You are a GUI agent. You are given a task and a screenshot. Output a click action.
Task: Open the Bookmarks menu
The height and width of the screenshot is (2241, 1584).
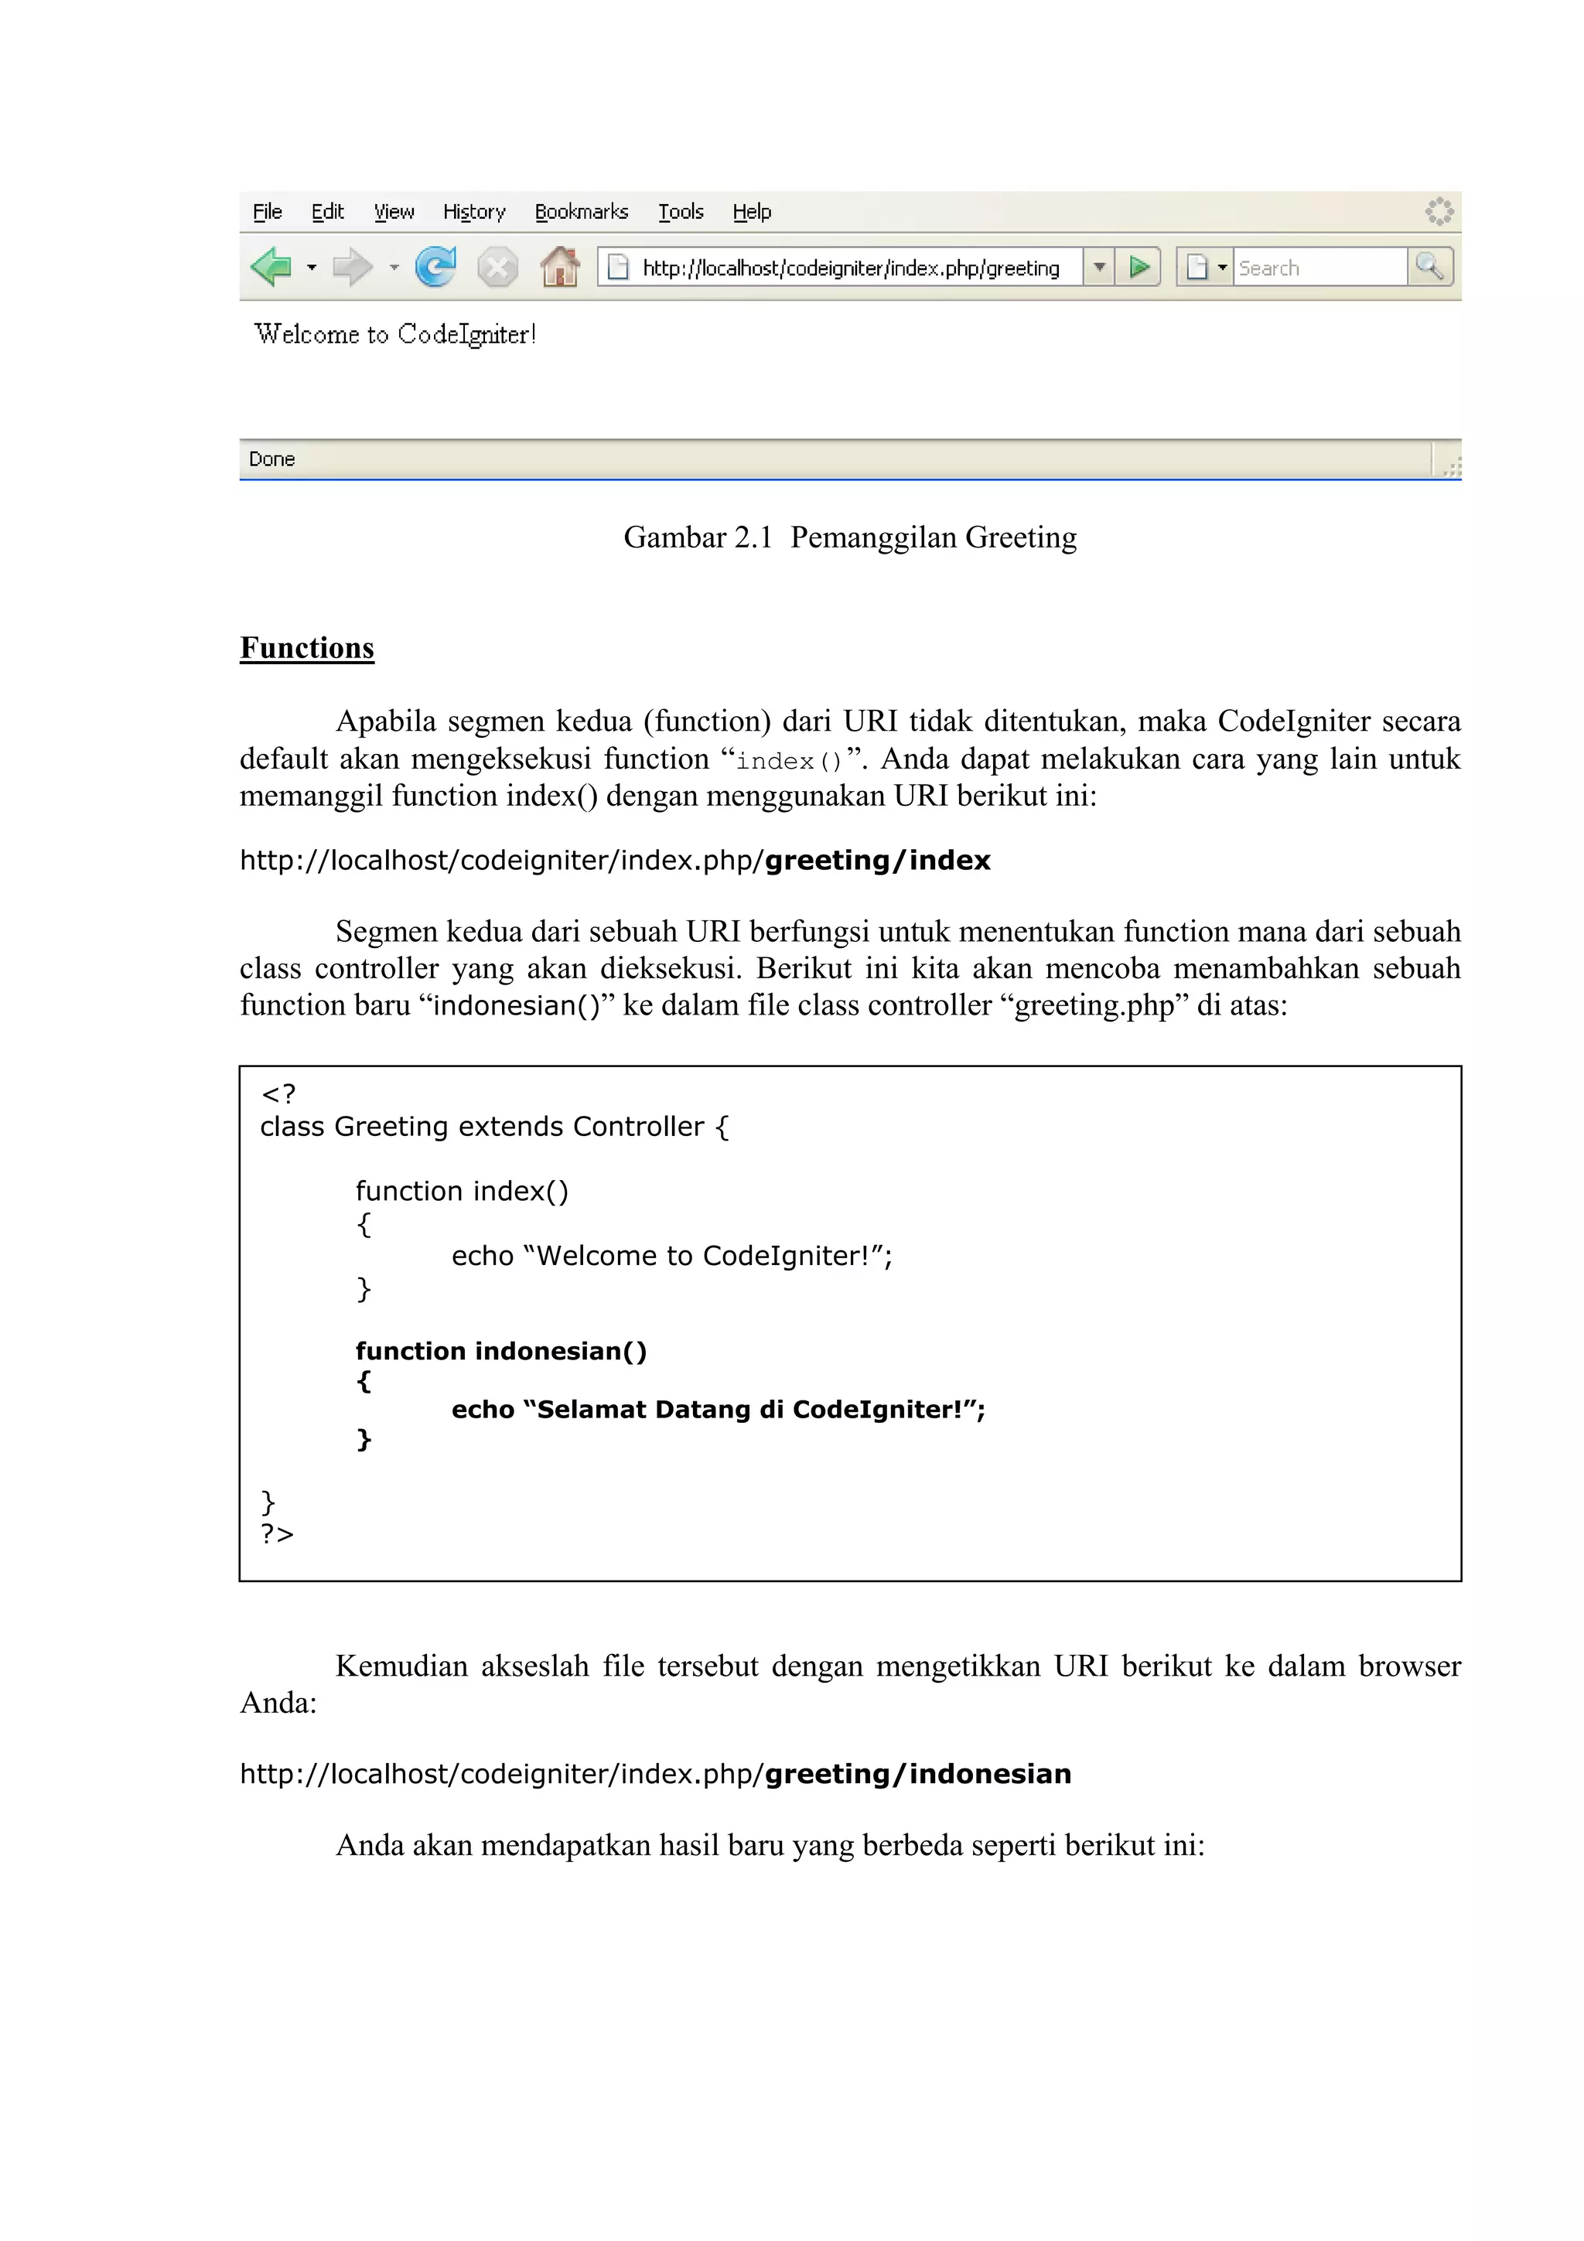(x=581, y=212)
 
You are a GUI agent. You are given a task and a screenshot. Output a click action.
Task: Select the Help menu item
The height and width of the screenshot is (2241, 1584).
(x=752, y=212)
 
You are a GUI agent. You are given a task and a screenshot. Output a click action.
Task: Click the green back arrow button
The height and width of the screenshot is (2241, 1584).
(x=271, y=267)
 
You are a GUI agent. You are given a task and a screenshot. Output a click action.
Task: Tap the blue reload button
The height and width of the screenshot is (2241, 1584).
(x=435, y=267)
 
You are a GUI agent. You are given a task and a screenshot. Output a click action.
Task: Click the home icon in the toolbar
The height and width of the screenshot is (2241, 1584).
(x=560, y=267)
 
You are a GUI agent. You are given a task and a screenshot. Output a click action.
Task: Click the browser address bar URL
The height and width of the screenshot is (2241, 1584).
(x=850, y=268)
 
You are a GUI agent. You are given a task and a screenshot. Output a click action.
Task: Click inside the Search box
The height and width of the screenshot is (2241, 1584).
(x=1318, y=268)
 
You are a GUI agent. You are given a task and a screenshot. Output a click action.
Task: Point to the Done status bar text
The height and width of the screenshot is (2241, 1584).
(x=271, y=459)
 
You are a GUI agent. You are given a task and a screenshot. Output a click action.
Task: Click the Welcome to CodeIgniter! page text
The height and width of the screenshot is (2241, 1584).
(x=395, y=335)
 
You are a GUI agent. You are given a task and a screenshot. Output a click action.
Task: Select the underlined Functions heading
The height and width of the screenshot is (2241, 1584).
(x=306, y=648)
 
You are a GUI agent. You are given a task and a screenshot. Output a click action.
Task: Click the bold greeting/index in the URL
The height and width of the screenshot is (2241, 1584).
(x=877, y=860)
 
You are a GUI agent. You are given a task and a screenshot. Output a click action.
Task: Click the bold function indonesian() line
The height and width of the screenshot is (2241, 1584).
(x=500, y=1351)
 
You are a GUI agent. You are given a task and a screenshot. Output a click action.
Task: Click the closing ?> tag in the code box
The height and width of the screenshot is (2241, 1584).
(x=277, y=1533)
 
